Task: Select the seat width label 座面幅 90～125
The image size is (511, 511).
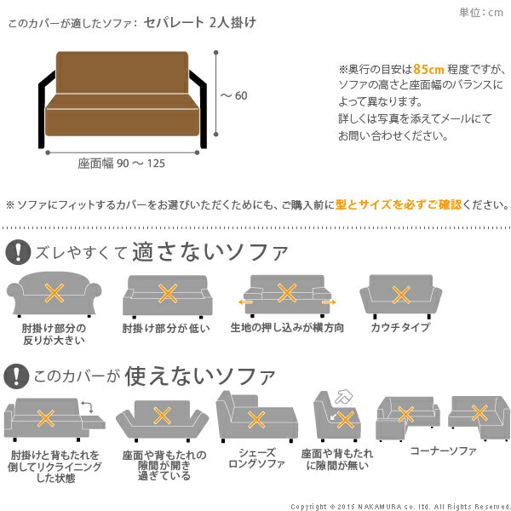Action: tap(122, 164)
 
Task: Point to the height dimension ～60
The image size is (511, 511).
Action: tap(233, 95)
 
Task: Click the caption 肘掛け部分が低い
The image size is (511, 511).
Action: tap(166, 328)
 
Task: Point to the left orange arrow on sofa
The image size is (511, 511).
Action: tap(245, 301)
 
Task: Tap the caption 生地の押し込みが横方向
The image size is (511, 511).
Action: tap(287, 328)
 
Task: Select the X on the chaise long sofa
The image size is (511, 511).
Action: tap(255, 419)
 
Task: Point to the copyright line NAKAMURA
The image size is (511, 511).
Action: tap(400, 505)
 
